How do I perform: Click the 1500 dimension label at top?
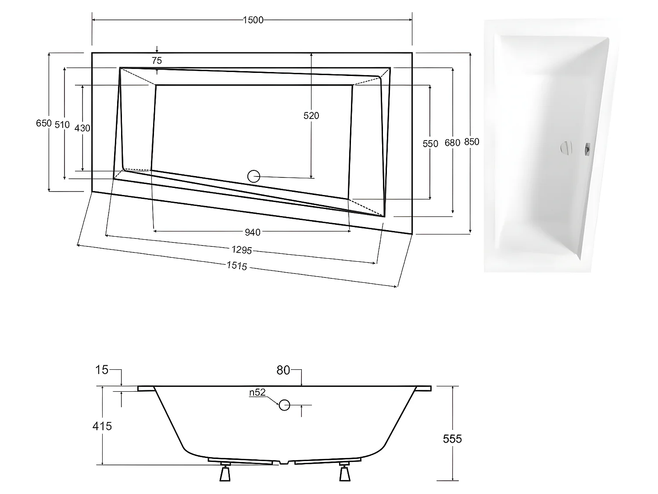point(253,20)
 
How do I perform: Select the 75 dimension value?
point(157,61)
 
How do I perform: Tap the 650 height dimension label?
point(43,123)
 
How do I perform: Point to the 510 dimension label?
point(62,125)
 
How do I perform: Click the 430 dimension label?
point(82,128)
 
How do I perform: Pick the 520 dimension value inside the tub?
point(311,115)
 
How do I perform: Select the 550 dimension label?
point(430,144)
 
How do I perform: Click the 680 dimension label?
point(452,143)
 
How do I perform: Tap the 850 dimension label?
point(472,142)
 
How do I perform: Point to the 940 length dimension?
point(252,232)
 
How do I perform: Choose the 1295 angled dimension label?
point(241,250)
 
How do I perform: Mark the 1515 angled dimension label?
point(237,266)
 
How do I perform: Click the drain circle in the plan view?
point(254,177)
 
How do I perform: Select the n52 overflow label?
point(257,393)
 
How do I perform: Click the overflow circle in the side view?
point(284,405)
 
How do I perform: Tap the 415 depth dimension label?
point(102,425)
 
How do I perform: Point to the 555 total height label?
point(452,438)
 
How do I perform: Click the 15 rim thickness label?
point(102,370)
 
